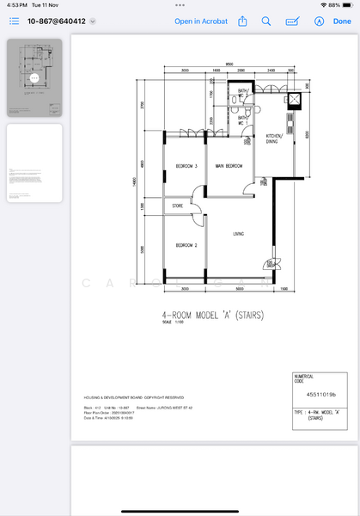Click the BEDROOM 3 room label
pos(187,165)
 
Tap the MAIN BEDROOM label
pos(229,165)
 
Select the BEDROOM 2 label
pos(187,246)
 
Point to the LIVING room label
pos(240,232)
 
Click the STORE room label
pos(178,206)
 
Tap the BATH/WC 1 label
pos(243,120)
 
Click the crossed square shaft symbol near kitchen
pos(295,99)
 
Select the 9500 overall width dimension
pos(230,64)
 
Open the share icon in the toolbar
pos(243,21)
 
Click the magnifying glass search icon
pos(266,21)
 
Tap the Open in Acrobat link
pos(201,21)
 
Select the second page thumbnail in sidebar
pos(34,163)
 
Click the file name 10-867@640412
pos(57,21)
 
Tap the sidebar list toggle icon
pos(14,21)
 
